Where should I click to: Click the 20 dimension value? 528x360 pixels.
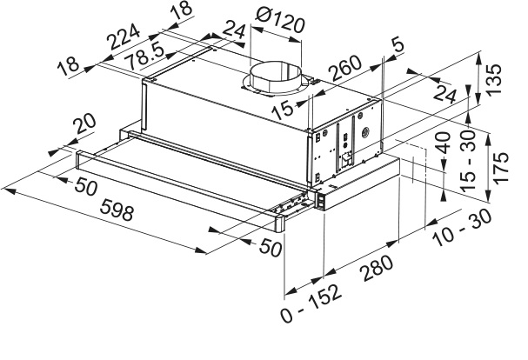[84, 127]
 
